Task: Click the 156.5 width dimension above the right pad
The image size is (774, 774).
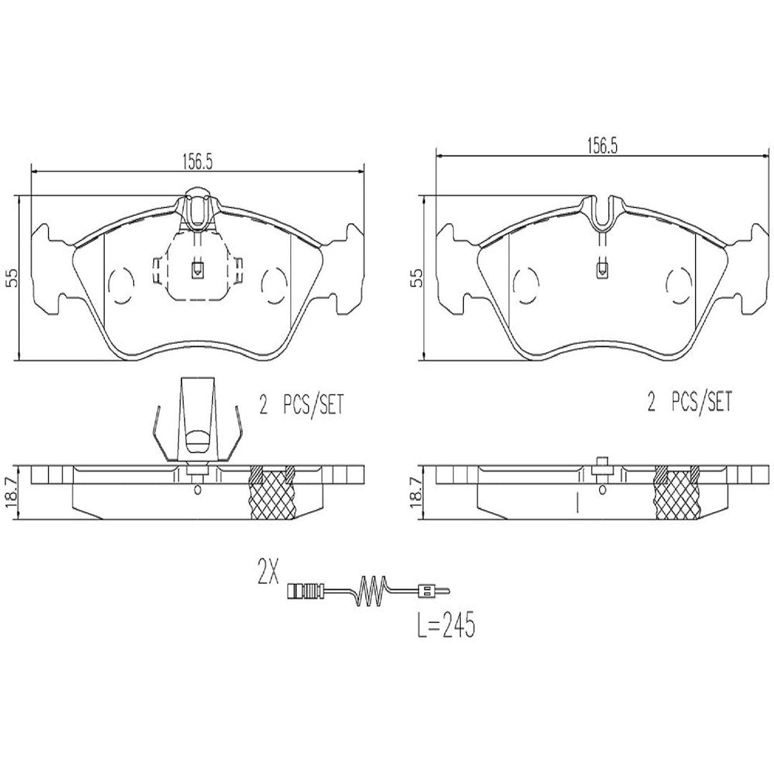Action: tap(602, 147)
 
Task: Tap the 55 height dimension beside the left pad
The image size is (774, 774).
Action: tap(12, 278)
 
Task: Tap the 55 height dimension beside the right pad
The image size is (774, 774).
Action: tap(418, 278)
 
